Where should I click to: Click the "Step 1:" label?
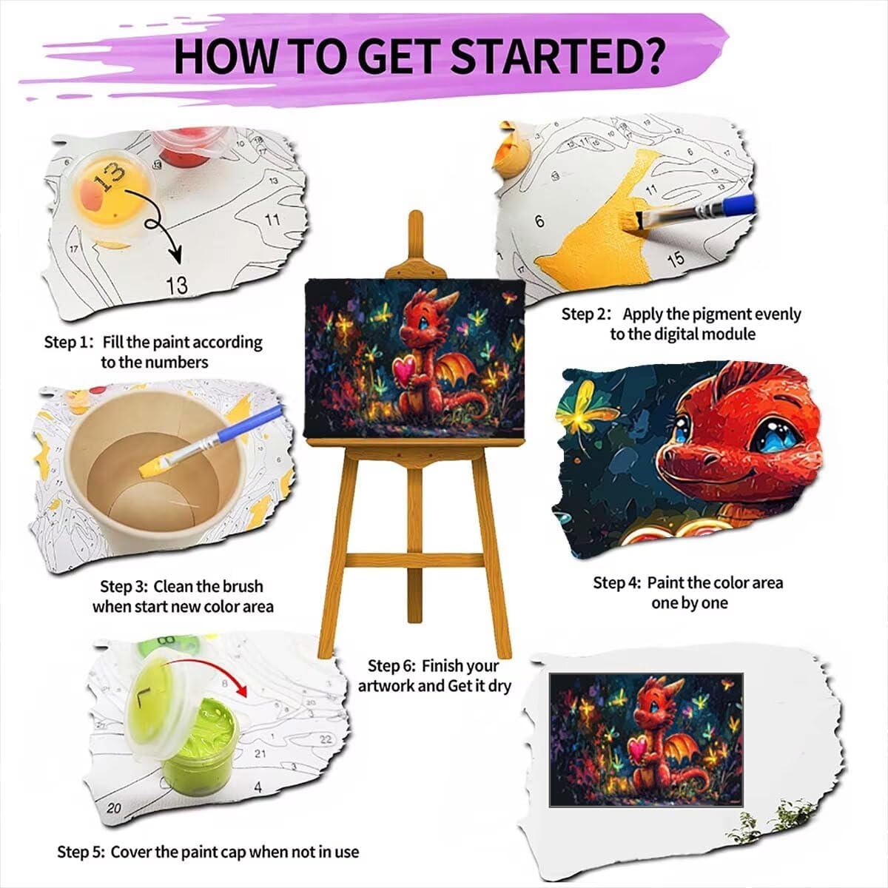[69, 343]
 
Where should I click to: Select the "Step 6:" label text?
[392, 666]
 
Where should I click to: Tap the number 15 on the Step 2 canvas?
[675, 260]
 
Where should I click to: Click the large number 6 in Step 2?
[539, 221]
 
